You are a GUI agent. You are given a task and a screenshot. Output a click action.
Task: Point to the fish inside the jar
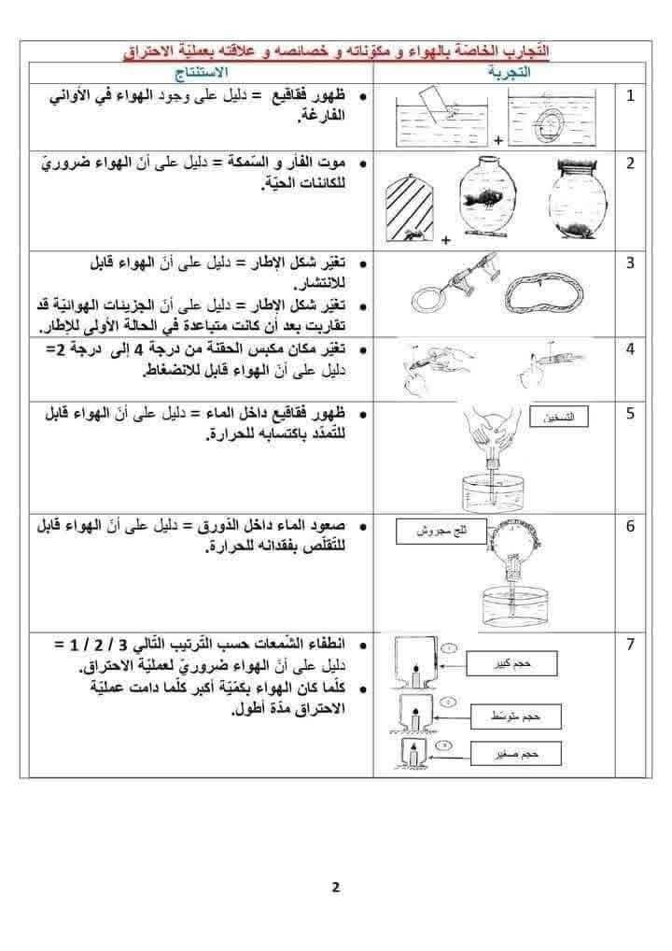coord(488,202)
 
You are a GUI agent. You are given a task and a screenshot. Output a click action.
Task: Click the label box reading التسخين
coord(557,418)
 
